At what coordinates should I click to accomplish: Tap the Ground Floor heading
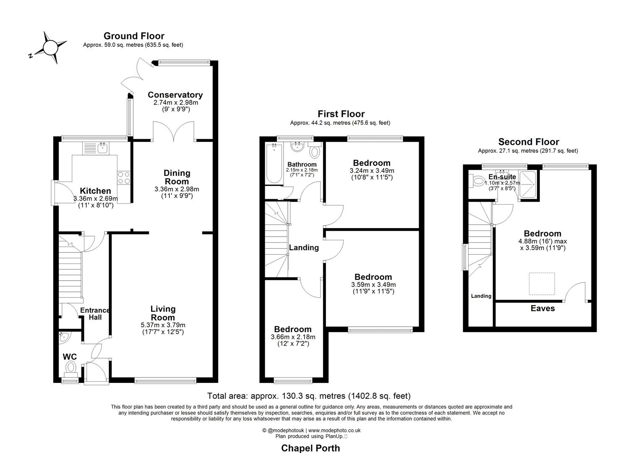(x=134, y=36)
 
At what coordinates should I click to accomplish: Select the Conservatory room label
(x=175, y=95)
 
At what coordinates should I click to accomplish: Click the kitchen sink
(x=102, y=147)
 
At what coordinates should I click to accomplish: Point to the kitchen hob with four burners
(x=124, y=178)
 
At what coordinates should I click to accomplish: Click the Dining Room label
(x=177, y=177)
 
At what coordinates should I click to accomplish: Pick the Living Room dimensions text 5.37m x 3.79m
(x=163, y=325)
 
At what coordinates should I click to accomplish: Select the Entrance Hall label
(x=95, y=314)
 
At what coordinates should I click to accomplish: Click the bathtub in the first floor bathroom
(x=274, y=164)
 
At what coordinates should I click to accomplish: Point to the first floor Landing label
(x=304, y=247)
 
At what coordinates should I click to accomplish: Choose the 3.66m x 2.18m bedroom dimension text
(x=293, y=337)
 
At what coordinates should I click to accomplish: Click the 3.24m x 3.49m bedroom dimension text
(x=372, y=171)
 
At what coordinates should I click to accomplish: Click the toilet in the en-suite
(x=477, y=182)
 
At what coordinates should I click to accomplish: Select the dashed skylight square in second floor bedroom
(x=541, y=284)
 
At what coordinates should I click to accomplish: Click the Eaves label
(x=542, y=308)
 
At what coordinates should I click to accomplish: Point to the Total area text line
(x=309, y=396)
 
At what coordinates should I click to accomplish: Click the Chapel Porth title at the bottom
(x=310, y=448)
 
